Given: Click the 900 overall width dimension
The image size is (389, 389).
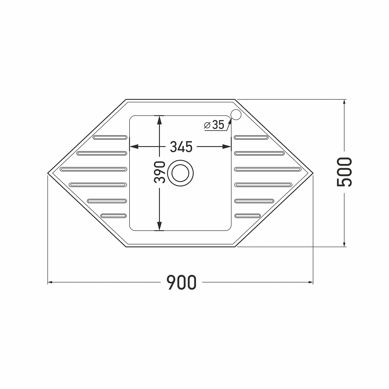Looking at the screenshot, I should tap(181, 282).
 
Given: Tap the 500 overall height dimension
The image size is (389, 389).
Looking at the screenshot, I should tap(344, 172).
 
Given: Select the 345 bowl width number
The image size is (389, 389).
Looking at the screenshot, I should tap(181, 147).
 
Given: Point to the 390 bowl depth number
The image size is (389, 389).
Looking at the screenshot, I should tap(159, 172).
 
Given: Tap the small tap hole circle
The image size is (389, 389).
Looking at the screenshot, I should tap(236, 115).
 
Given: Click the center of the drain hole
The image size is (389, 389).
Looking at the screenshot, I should tap(180, 173).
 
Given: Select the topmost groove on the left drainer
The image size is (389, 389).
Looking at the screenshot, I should tap(110, 137).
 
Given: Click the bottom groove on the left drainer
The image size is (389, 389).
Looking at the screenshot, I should tap(114, 216).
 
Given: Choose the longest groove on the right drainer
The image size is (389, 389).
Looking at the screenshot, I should tap(268, 169).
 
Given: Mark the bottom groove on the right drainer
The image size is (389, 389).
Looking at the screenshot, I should tap(247, 216).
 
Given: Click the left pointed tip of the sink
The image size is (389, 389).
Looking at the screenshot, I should tap(48, 172).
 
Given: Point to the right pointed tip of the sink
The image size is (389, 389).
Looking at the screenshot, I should tap(313, 172).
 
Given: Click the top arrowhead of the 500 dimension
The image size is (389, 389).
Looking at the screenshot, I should tap(344, 102).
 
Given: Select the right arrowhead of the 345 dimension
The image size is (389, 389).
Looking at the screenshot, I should tap(228, 147).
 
